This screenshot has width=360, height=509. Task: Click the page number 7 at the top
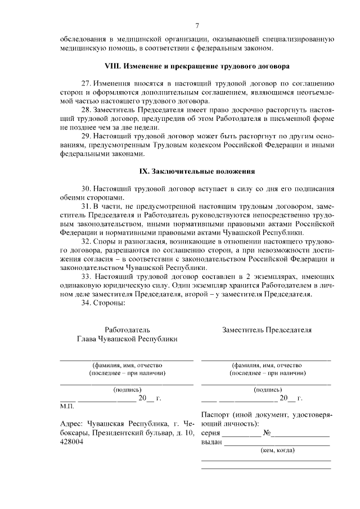pyautogui.click(x=197, y=25)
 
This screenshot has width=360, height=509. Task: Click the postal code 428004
pyautogui.click(x=71, y=442)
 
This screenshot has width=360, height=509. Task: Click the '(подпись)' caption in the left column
pyautogui.click(x=127, y=389)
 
